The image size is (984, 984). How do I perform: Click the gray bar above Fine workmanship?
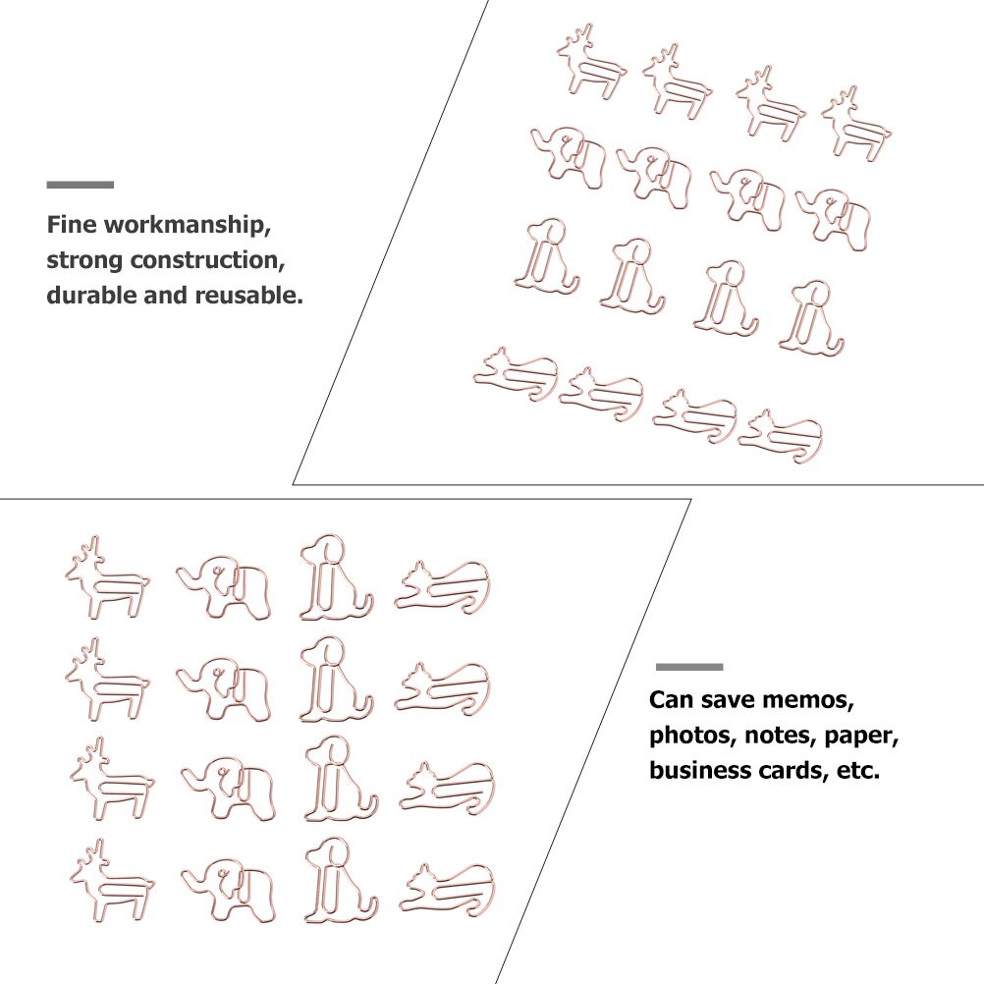80,185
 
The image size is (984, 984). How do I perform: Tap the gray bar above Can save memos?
688,667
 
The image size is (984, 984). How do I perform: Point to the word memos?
813,701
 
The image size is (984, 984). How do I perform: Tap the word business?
695,771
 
